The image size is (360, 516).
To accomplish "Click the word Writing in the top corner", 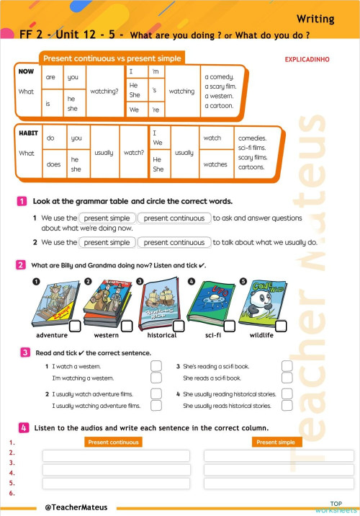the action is [315, 19].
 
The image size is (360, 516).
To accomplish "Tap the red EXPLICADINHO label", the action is [307, 60].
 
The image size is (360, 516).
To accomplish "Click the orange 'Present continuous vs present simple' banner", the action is [112, 58].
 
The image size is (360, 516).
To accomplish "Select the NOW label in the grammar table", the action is [26, 72].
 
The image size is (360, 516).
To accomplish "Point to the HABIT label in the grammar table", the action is [28, 134].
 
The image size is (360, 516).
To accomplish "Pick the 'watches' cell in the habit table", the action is [215, 164].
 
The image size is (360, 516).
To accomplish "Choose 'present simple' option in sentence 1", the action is [106, 218].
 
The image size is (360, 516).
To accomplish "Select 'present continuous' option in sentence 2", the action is [174, 243].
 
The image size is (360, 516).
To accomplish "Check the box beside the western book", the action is [127, 326].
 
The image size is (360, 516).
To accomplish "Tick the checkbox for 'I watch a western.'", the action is [156, 366].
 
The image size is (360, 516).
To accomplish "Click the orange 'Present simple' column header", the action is [275, 442].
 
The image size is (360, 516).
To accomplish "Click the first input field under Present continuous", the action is [116, 455].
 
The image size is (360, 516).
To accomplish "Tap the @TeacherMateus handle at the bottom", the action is [76, 507].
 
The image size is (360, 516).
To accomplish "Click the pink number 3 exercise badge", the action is [24, 352].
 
